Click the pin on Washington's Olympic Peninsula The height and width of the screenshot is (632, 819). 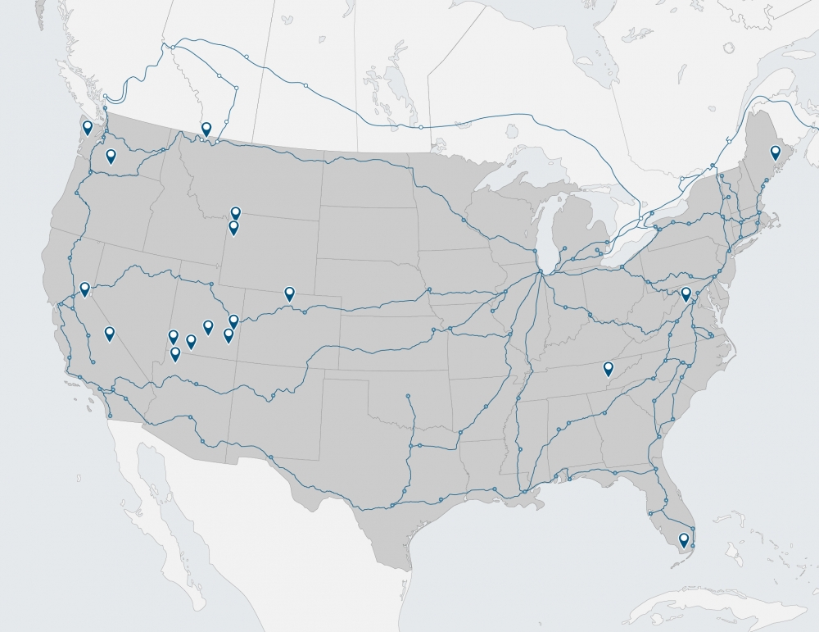(88, 127)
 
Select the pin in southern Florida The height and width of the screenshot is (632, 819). (684, 539)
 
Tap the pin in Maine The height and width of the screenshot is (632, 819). (775, 152)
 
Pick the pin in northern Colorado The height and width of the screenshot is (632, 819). (289, 293)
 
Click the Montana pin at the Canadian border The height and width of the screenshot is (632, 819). (206, 128)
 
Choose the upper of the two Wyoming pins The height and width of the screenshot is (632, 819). (236, 213)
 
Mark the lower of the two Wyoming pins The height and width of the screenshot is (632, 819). (233, 227)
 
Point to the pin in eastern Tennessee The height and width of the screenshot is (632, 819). (609, 368)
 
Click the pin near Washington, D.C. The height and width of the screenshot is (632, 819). (686, 293)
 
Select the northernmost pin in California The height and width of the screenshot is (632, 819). (84, 289)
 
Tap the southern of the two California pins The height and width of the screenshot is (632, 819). (110, 333)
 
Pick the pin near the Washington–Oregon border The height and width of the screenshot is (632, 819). (111, 156)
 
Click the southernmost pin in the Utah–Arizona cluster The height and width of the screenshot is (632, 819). (175, 353)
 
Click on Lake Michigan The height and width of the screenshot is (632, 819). (541, 230)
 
